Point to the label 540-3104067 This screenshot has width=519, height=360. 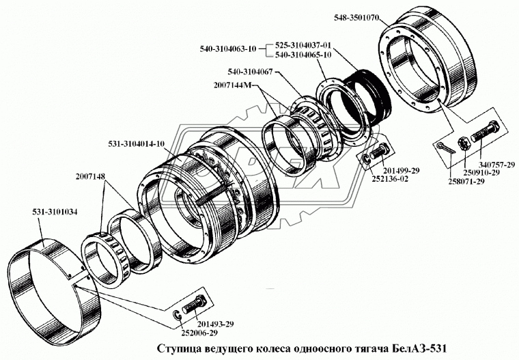coord(255,71)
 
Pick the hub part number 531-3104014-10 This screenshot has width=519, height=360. coord(137,144)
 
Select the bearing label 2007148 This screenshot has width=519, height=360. coord(91,176)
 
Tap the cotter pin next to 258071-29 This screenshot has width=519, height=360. coord(443,149)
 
